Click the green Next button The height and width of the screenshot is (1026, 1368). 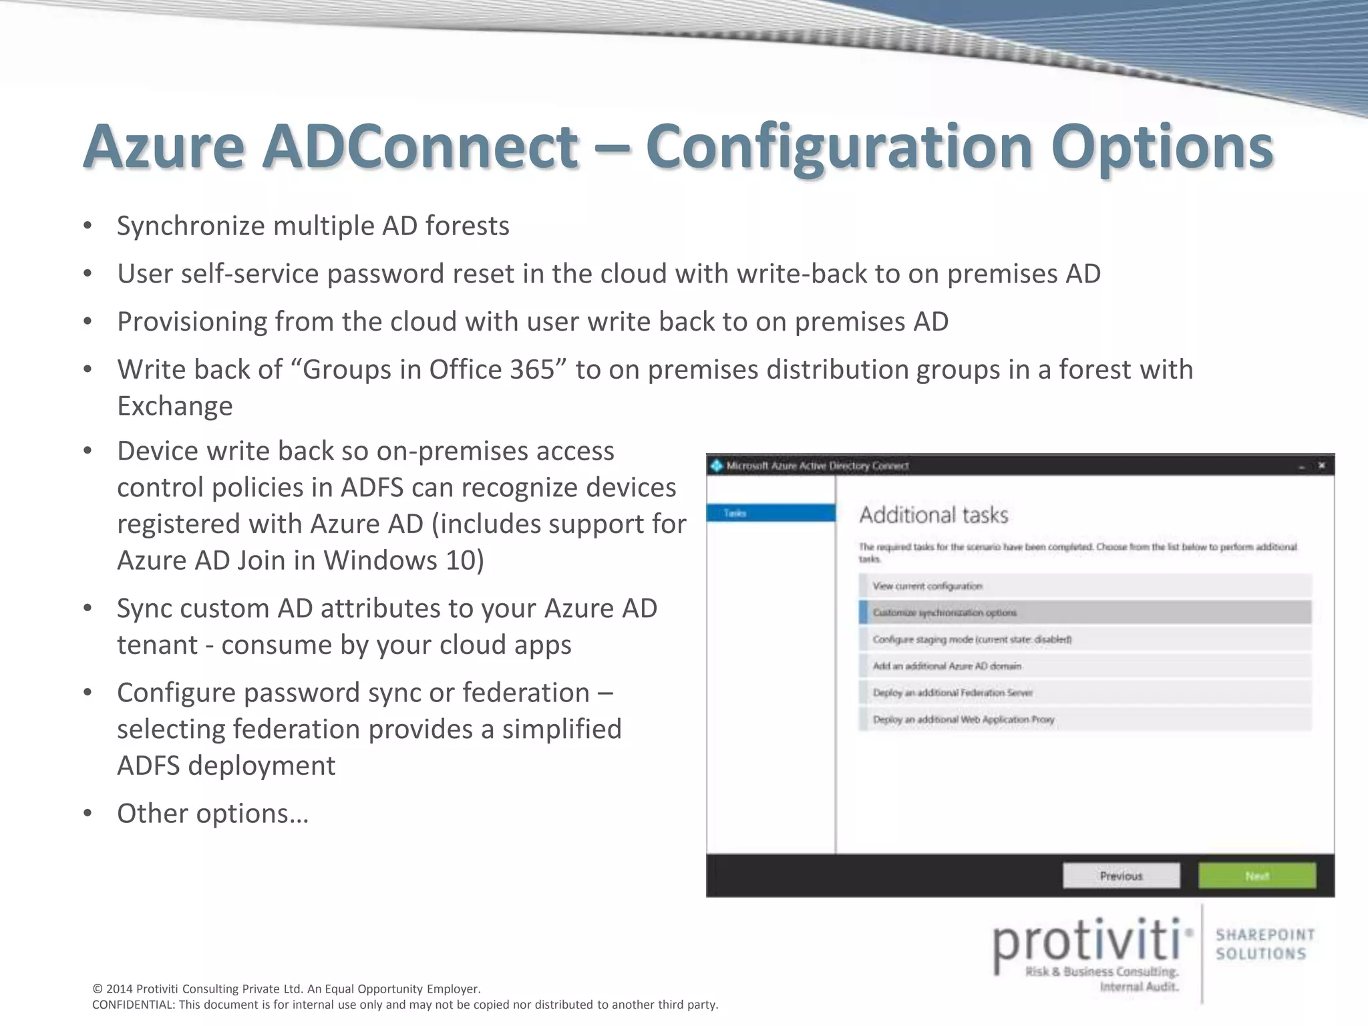[1256, 876]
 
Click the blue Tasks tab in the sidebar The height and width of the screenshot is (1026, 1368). [771, 513]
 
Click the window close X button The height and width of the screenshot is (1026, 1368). [1321, 466]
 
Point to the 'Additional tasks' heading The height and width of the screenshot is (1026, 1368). [933, 515]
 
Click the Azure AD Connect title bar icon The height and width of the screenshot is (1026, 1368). [717, 466]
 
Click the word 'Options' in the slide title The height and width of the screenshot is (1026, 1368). [1162, 147]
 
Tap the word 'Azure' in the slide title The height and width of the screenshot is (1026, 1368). [164, 147]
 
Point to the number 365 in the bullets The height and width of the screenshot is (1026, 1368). [532, 369]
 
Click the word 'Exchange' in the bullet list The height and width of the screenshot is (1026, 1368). [175, 406]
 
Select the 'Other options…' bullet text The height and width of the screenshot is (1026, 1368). [212, 814]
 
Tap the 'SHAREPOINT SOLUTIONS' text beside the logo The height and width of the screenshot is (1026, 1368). [1264, 944]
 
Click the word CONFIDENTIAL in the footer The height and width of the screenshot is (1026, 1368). [130, 1005]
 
